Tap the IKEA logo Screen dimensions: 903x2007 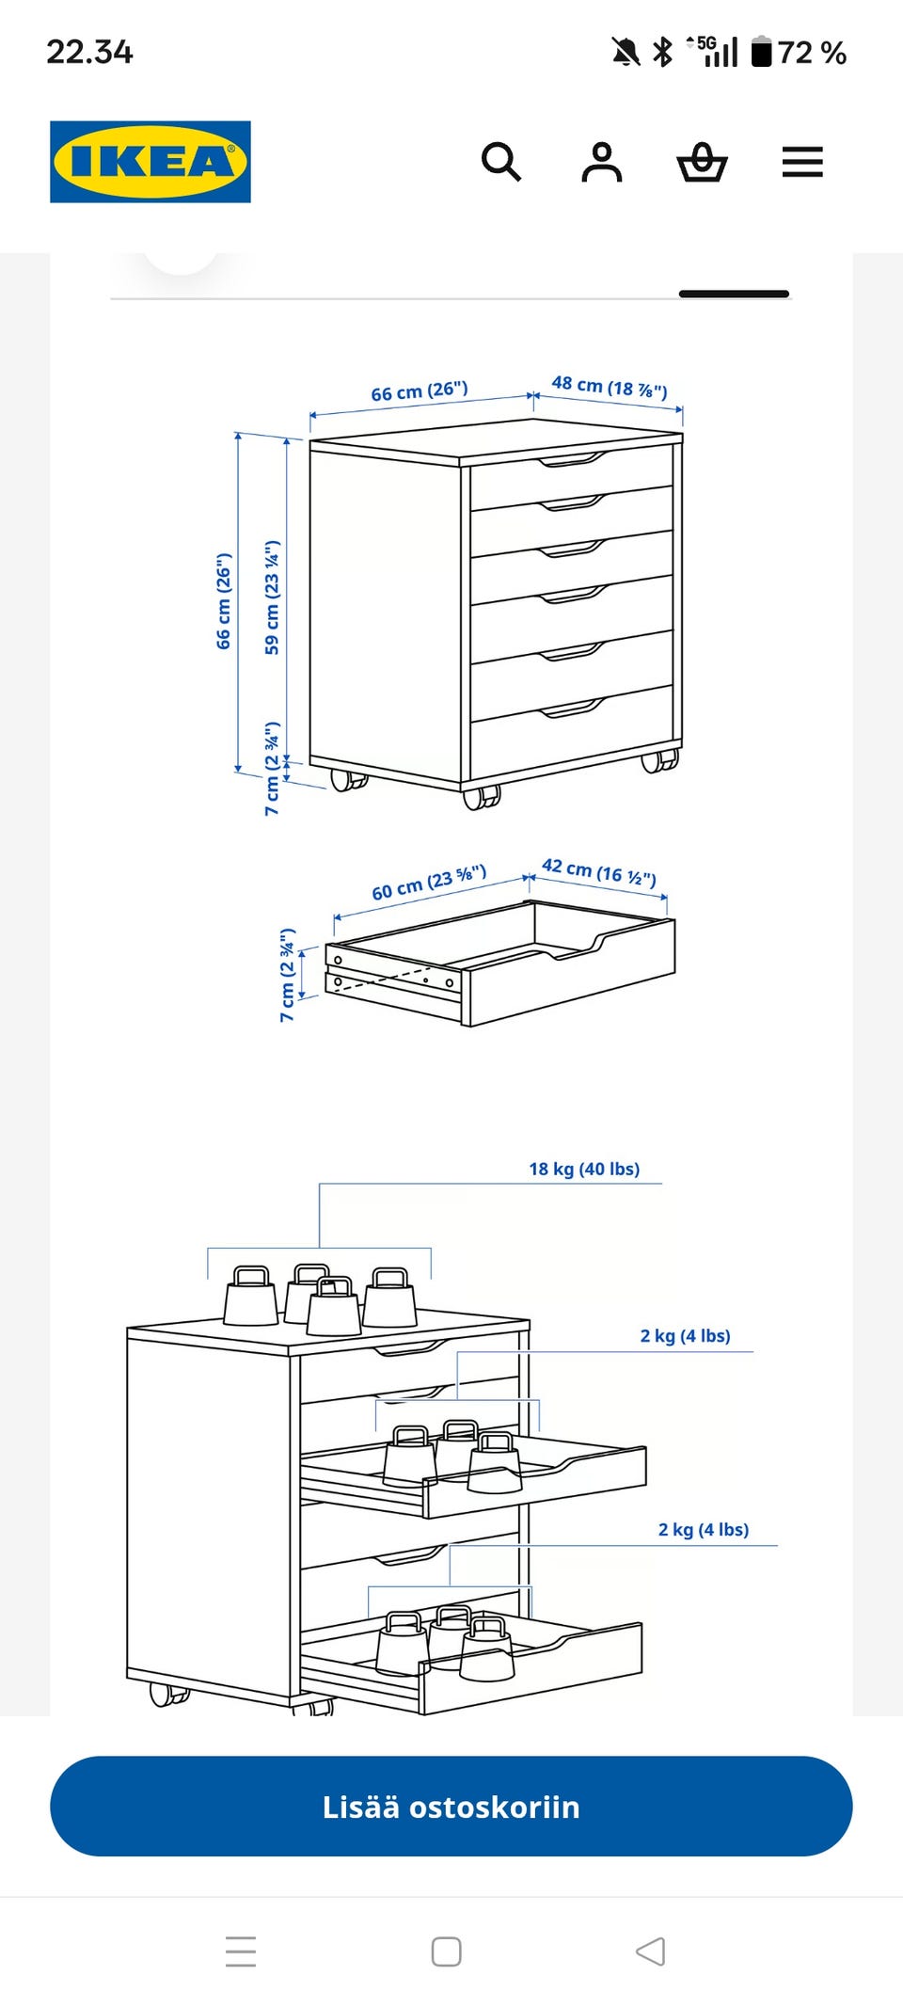click(150, 162)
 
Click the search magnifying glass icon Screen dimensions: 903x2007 click(500, 162)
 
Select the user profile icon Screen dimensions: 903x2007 click(602, 162)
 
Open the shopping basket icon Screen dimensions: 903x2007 click(702, 162)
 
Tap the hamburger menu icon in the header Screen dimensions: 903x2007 click(802, 162)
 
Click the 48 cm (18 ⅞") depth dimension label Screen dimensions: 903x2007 click(610, 386)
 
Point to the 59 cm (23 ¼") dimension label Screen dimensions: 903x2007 click(272, 597)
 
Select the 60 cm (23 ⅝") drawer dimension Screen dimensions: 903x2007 click(429, 883)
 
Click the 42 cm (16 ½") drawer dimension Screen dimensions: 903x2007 click(599, 871)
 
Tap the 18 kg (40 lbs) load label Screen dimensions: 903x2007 click(584, 1169)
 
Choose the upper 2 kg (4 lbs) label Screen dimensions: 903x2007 click(686, 1335)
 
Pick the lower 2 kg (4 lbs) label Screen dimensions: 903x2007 click(704, 1529)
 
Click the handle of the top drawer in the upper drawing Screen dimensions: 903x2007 click(572, 459)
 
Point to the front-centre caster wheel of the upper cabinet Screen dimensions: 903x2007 click(482, 797)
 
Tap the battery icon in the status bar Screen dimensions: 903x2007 click(762, 52)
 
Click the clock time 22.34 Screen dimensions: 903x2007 click(89, 52)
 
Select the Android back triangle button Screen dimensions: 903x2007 click(650, 1951)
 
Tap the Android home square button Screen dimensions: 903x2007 click(446, 1951)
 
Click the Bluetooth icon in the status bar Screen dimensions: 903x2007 click(663, 52)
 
